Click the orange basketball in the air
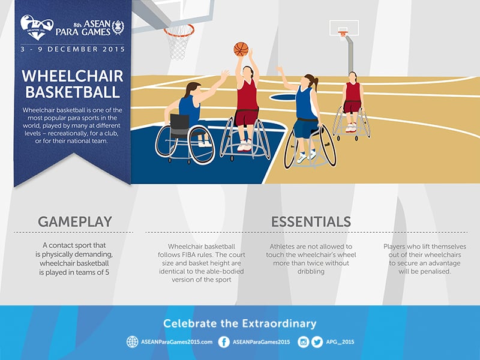241,49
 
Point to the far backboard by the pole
344,28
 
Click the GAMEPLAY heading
75,221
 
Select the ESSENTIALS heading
311,221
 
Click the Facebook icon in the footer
224,342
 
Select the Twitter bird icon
317,342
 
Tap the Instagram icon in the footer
304,342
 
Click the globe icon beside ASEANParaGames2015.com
132,342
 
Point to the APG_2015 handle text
341,342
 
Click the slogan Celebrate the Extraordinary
239,324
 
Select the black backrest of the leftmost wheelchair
179,124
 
